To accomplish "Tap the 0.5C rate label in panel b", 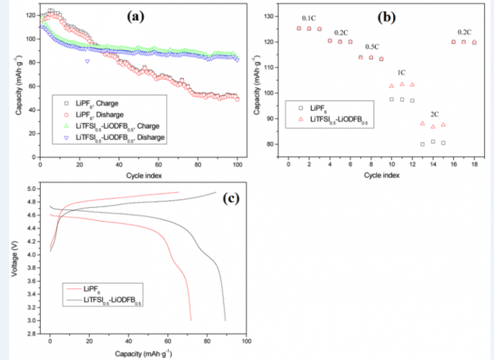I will pyautogui.click(x=372, y=46).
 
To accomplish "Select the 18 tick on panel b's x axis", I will pyautogui.click(x=474, y=165).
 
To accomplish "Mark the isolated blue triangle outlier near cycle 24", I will pyautogui.click(x=87, y=61).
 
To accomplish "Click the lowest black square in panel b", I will pyautogui.click(x=422, y=144).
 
